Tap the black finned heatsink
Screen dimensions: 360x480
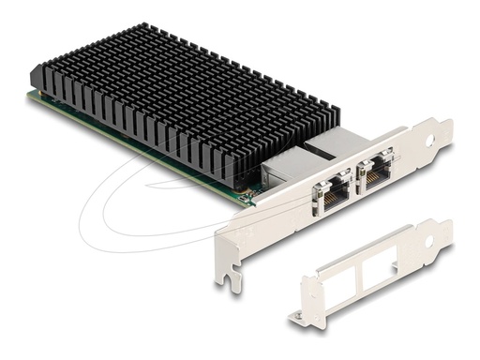(x=178, y=103)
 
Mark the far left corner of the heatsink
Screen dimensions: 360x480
(x=34, y=75)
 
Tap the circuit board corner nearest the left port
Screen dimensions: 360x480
(x=247, y=199)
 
